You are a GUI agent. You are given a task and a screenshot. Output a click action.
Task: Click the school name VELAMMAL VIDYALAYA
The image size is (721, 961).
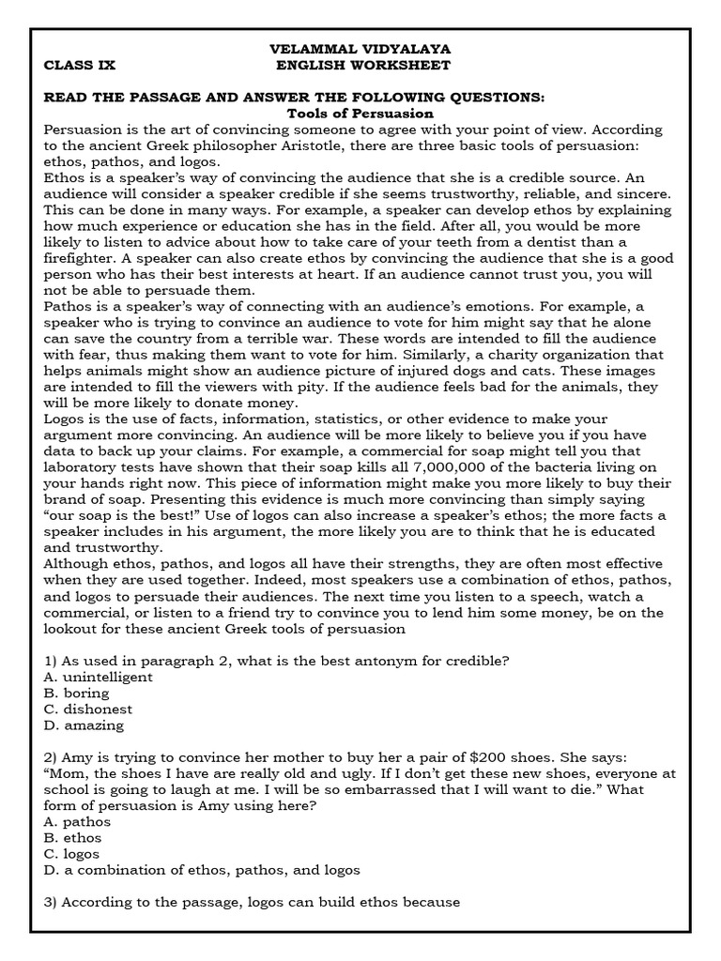coord(360,48)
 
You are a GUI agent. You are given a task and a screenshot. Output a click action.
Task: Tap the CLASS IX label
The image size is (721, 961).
coord(79,65)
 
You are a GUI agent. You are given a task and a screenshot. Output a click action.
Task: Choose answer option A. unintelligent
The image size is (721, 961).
coord(98,676)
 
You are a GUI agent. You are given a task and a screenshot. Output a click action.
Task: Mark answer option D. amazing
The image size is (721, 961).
coord(84,725)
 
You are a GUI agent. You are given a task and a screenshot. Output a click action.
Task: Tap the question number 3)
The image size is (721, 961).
coord(53,902)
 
